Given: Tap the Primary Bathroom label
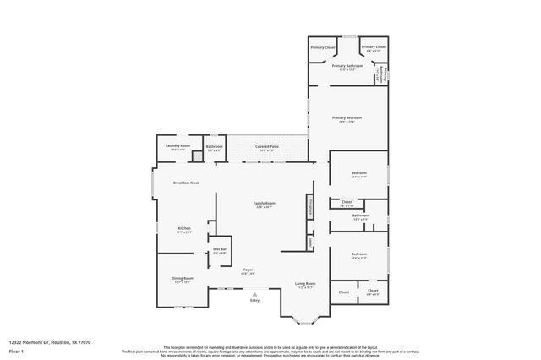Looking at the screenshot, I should [347, 66].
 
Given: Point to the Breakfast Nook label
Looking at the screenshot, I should [186, 183].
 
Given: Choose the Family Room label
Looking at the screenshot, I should [265, 203].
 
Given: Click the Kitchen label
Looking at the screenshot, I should [184, 229].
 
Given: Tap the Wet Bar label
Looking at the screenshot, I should [219, 249].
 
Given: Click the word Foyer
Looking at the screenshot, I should [248, 270].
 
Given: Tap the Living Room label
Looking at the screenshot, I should [305, 283].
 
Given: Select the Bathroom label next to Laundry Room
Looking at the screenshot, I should [215, 146].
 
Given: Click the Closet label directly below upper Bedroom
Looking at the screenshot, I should [347, 202].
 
